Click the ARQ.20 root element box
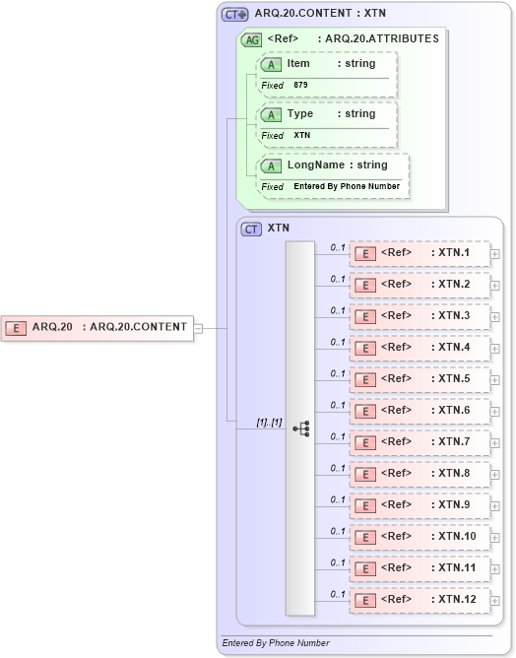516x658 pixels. [97, 327]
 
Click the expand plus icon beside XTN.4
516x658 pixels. [495, 349]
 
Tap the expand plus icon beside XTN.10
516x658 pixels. [495, 538]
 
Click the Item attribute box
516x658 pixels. [327, 64]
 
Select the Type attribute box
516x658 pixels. [327, 114]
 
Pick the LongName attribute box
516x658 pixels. [332, 165]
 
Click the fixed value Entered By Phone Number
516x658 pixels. [347, 186]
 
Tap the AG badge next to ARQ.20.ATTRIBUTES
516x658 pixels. [251, 39]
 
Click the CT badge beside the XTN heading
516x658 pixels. [251, 229]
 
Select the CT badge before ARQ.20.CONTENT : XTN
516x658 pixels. [234, 15]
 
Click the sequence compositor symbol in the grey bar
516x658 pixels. [300, 428]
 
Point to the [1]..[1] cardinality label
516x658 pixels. [269, 423]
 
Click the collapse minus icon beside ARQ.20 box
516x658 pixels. [198, 328]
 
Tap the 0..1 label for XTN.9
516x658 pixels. [338, 499]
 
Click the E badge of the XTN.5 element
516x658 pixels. [364, 380]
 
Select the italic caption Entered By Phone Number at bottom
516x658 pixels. [276, 643]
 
